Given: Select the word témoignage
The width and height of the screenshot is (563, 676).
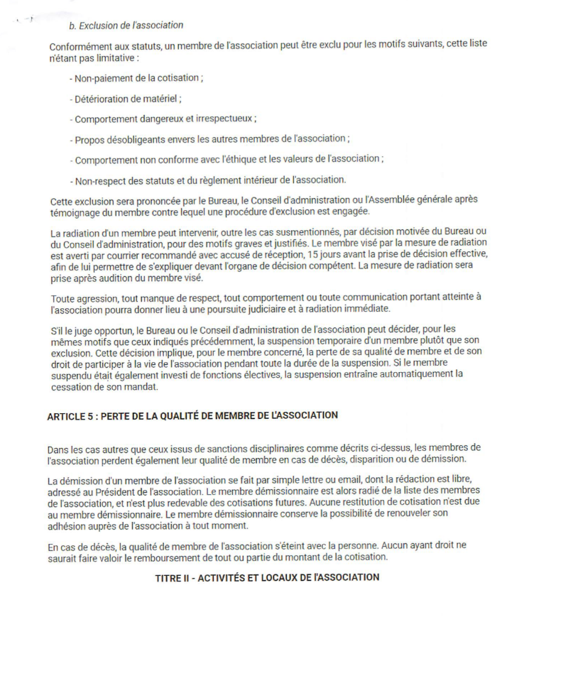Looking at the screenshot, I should (x=77, y=212).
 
